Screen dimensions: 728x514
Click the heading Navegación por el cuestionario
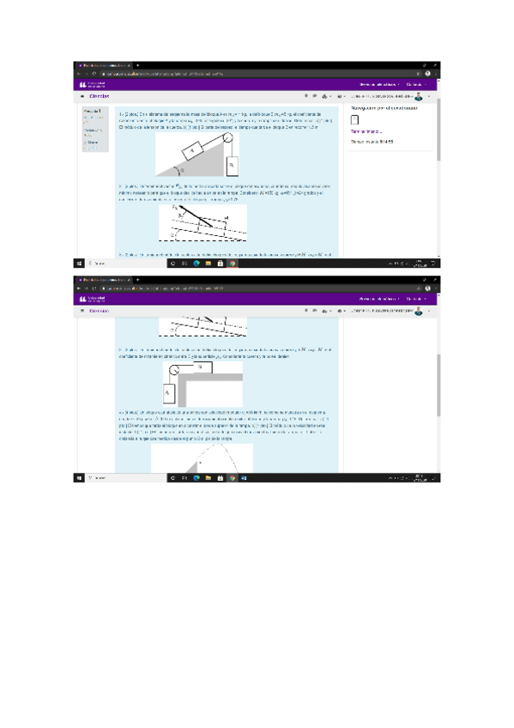384,108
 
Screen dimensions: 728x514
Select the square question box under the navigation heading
355,120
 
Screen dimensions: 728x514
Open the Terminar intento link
367,131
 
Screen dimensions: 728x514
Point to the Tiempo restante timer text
372,141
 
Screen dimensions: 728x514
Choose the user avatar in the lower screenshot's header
420,312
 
